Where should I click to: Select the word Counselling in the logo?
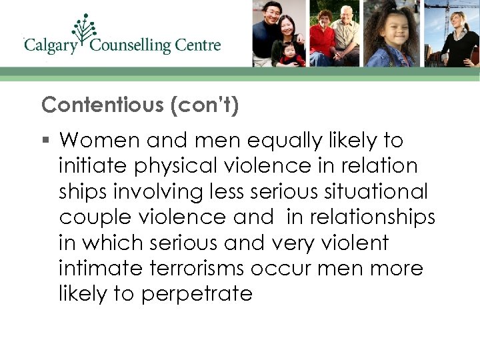tap(131, 46)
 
